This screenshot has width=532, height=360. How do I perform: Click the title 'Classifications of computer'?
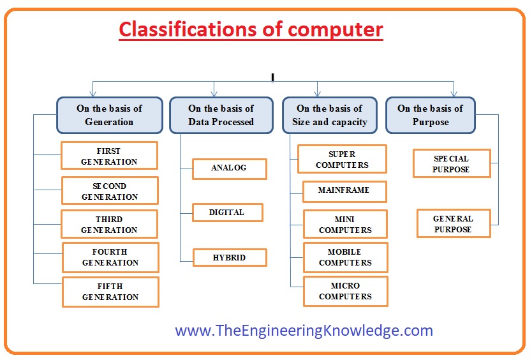pyautogui.click(x=251, y=30)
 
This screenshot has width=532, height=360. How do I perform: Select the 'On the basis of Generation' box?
pyautogui.click(x=110, y=115)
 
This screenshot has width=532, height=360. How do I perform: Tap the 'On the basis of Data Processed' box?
pyautogui.click(x=221, y=115)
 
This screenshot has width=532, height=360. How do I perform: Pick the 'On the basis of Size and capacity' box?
pyautogui.click(x=330, y=115)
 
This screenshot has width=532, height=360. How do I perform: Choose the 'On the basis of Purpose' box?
pyautogui.click(x=431, y=115)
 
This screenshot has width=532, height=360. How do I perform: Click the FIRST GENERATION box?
pyautogui.click(x=109, y=156)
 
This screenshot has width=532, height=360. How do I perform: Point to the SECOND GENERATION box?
pyautogui.click(x=110, y=190)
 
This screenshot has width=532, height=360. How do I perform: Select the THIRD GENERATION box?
pyautogui.click(x=109, y=224)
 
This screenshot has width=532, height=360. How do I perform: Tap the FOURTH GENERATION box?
pyautogui.click(x=110, y=257)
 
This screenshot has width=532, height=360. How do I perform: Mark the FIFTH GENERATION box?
pyautogui.click(x=110, y=292)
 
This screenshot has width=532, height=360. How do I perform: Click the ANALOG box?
pyautogui.click(x=230, y=169)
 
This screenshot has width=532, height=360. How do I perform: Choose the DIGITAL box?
pyautogui.click(x=228, y=213)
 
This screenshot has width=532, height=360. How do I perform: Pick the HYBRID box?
pyautogui.click(x=230, y=257)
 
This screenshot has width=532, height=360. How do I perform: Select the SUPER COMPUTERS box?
pyautogui.click(x=343, y=159)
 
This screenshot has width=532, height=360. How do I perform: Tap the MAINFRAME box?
pyautogui.click(x=344, y=191)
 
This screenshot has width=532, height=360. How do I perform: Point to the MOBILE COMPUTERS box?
pyautogui.click(x=346, y=257)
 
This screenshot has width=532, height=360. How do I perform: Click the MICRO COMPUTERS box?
pyautogui.click(x=346, y=292)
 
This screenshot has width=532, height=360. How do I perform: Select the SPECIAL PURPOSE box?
pyautogui.click(x=452, y=163)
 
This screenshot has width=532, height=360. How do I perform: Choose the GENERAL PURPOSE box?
pyautogui.click(x=454, y=223)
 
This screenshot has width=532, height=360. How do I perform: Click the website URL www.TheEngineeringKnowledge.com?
pyautogui.click(x=304, y=331)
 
